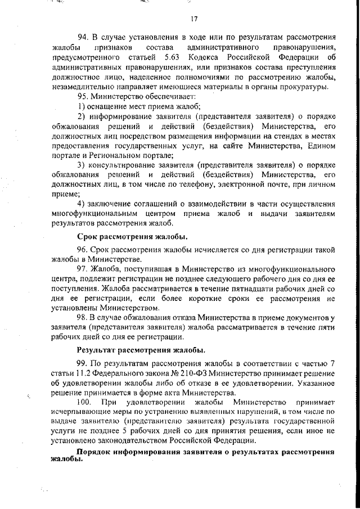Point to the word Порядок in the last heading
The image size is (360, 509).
point(94,452)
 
